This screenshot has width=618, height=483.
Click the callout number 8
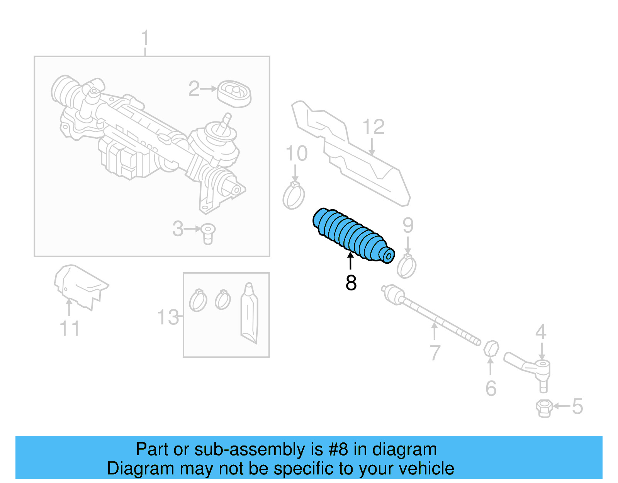point(351,283)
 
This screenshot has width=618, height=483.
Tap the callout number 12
point(373,127)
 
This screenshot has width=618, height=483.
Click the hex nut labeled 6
point(491,348)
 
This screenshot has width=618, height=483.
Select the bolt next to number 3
point(208,233)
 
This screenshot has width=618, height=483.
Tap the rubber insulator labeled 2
point(234,94)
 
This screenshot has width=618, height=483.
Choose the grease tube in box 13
point(249,313)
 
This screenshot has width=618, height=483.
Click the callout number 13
point(168,317)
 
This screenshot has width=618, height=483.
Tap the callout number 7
point(435,352)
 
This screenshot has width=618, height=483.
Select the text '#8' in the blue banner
point(338,449)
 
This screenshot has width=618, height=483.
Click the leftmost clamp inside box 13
point(198,301)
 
